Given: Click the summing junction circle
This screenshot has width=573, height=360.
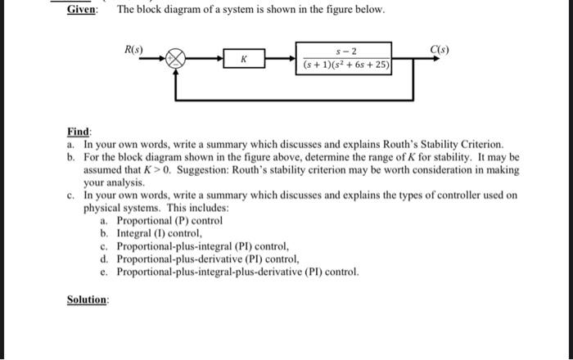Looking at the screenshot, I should click(x=176, y=59).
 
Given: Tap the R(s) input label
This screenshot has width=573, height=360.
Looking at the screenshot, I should click(x=133, y=50).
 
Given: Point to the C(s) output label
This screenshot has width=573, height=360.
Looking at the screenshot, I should click(x=438, y=50).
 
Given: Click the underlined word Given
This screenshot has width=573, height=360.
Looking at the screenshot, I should click(x=82, y=10).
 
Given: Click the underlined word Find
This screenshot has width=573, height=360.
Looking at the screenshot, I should click(x=79, y=131).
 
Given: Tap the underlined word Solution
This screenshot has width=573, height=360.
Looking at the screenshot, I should click(x=87, y=299).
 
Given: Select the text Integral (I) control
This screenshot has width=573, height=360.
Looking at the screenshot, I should click(x=156, y=233).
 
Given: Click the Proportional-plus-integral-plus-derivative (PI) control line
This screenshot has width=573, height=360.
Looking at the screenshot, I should click(x=237, y=272).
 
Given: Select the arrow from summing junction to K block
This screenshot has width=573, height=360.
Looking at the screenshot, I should click(x=209, y=60).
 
